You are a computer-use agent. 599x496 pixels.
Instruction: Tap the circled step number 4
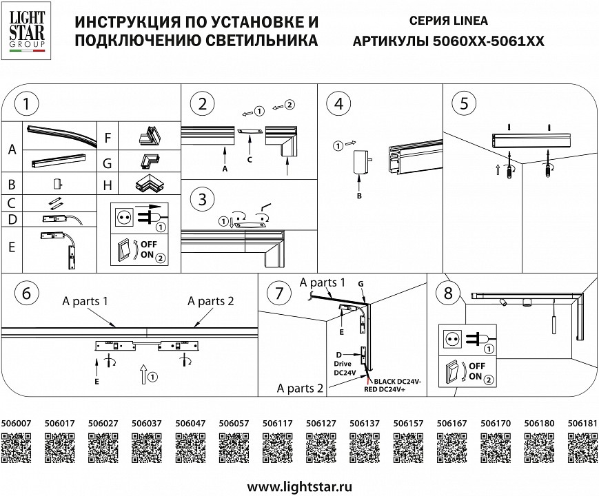(x=338, y=104)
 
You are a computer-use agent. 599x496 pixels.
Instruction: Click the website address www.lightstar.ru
(x=298, y=486)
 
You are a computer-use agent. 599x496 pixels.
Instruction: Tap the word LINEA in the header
(x=471, y=21)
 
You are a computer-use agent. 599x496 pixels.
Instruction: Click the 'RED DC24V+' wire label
(x=390, y=389)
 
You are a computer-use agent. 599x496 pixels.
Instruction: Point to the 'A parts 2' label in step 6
(x=212, y=300)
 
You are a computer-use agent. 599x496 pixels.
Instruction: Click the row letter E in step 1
(x=12, y=247)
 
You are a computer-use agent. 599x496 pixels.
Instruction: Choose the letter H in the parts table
(x=107, y=186)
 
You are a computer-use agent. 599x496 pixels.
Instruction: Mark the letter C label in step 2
(x=250, y=159)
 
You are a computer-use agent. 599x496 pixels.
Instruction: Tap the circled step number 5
(x=464, y=104)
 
